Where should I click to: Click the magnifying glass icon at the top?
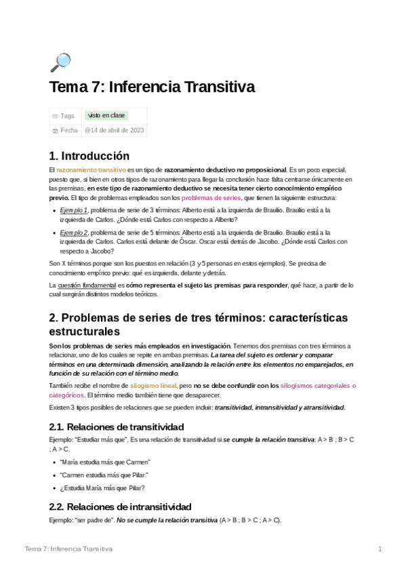(x=60, y=62)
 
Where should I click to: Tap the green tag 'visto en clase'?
(x=105, y=116)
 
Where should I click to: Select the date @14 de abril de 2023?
(x=114, y=130)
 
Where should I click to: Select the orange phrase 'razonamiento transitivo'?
(x=87, y=169)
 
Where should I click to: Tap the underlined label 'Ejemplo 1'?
(x=74, y=211)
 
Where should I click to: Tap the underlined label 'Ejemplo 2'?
(x=74, y=233)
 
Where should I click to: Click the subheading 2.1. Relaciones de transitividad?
(x=117, y=427)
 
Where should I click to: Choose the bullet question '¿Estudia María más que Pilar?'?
(x=102, y=488)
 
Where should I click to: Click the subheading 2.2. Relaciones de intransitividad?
(x=120, y=507)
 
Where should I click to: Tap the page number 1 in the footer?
(x=380, y=548)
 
